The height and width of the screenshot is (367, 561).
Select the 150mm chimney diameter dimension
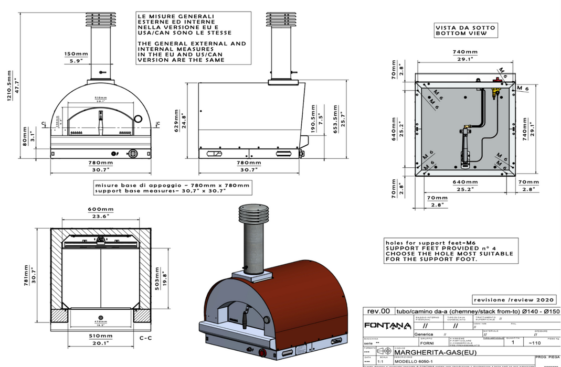[x=77, y=54]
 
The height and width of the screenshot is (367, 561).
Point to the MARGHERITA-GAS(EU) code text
[x=430, y=352]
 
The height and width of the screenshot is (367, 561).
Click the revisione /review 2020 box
[x=514, y=299]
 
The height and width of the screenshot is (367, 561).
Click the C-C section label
[x=146, y=339]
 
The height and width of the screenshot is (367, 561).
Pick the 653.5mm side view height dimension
[x=336, y=123]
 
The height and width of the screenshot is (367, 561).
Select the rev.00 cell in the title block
[x=378, y=311]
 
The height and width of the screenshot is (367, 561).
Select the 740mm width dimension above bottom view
[x=465, y=52]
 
